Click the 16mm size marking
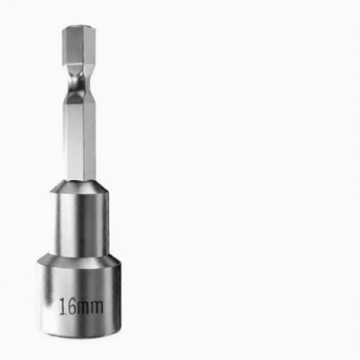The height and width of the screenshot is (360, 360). (81, 306)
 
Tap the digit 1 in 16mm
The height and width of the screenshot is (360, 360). (63, 306)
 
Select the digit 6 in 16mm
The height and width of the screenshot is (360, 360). (72, 306)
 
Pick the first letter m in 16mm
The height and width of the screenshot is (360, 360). (84, 308)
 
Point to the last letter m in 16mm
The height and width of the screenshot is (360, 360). (97, 308)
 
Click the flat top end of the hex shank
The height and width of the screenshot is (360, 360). (79, 28)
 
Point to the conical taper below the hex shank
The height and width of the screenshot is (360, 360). (79, 186)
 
